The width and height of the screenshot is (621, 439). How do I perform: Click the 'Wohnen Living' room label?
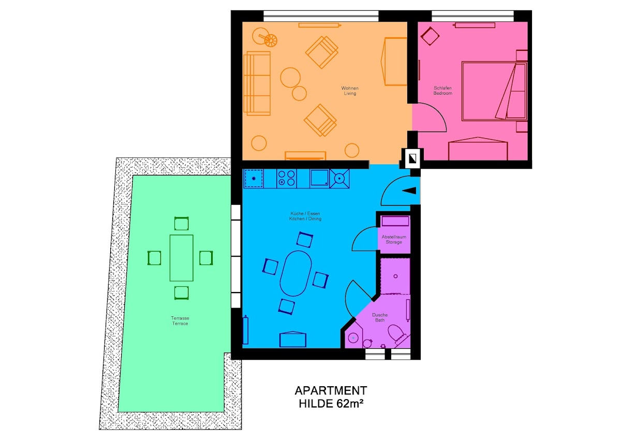(x=350, y=91)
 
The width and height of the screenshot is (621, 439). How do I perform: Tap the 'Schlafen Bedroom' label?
(x=442, y=91)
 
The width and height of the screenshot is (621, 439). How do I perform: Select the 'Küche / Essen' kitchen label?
(x=305, y=213)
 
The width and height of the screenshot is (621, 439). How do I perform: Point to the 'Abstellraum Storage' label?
(x=394, y=239)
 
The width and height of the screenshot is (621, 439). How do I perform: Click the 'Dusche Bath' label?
(x=380, y=317)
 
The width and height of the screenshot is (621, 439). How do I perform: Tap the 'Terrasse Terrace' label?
(x=180, y=320)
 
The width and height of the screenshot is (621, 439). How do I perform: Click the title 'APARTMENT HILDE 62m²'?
(x=331, y=397)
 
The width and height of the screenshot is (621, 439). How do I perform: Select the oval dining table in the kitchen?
(x=295, y=273)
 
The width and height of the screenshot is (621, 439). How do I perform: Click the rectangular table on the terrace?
(x=181, y=258)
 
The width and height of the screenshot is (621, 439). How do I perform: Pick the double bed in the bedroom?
(x=494, y=91)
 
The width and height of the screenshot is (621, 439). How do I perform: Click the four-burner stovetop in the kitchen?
(x=286, y=178)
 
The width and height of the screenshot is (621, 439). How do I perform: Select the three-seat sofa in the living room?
(x=257, y=83)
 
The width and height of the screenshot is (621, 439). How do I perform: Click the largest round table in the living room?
(x=290, y=77)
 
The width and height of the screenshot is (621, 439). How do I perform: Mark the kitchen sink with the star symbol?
(x=254, y=178)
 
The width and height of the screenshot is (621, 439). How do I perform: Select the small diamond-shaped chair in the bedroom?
(x=430, y=36)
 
